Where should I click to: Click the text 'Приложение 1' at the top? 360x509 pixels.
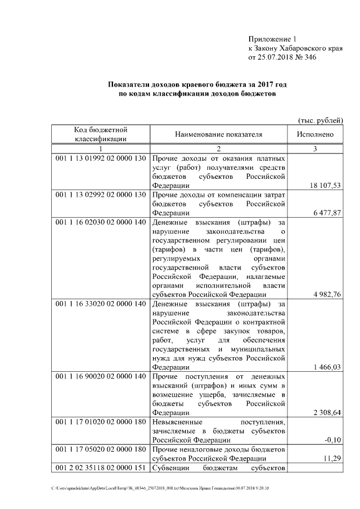coord(272,39)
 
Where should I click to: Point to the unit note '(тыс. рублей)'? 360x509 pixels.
coord(320,120)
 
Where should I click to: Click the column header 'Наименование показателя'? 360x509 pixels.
coord(219,135)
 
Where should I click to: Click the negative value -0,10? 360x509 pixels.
coord(334,440)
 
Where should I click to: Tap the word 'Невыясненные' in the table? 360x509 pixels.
coord(175,421)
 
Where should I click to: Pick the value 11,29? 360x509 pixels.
coord(333,458)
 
